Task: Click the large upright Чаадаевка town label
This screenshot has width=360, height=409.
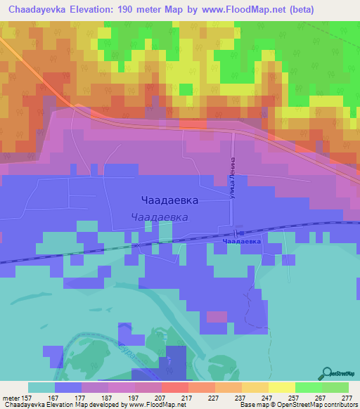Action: (169, 200)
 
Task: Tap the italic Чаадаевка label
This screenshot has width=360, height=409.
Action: (160, 218)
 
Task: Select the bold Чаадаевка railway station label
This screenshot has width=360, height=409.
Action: (241, 241)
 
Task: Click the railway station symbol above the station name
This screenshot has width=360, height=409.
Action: (239, 232)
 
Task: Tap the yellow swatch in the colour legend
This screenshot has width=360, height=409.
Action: (281, 387)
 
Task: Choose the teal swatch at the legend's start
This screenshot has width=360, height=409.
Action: (41, 387)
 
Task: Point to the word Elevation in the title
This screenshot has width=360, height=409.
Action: (89, 8)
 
